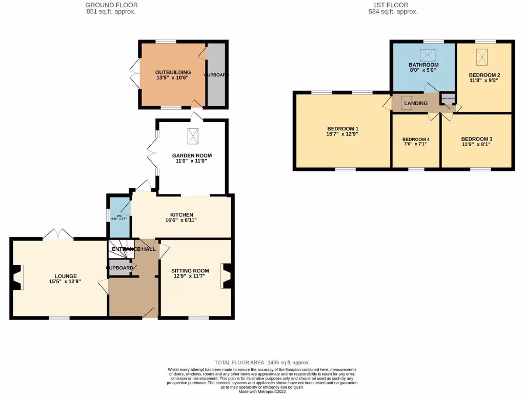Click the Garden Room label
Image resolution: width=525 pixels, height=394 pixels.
click(x=192, y=155)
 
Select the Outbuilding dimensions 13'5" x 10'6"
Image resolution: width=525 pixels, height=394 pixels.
click(x=173, y=78)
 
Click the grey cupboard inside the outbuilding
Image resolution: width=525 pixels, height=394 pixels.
click(x=216, y=75)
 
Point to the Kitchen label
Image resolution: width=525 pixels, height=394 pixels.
click(x=182, y=214)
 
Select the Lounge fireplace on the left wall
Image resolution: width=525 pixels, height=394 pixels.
click(x=17, y=277)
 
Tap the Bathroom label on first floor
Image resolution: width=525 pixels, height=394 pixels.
click(x=423, y=65)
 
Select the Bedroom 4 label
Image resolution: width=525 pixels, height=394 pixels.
click(x=416, y=140)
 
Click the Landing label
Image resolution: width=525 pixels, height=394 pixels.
click(x=416, y=103)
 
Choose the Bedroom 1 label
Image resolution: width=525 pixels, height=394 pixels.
click(x=342, y=128)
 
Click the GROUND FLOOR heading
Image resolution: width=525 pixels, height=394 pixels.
click(x=111, y=5)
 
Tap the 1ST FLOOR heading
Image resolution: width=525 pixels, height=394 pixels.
click(x=393, y=5)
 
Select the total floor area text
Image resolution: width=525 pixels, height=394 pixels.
click(x=262, y=363)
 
